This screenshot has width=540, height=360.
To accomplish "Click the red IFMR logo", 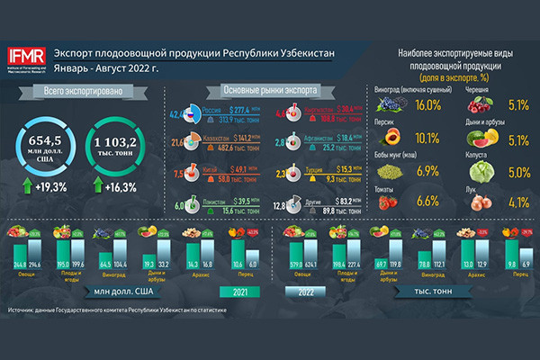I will coord(28,53).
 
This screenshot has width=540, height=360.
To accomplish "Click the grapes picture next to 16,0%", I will coord(394,106).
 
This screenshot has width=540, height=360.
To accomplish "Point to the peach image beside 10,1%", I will coord(392,138).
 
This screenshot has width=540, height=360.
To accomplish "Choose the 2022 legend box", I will coord(302,293).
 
